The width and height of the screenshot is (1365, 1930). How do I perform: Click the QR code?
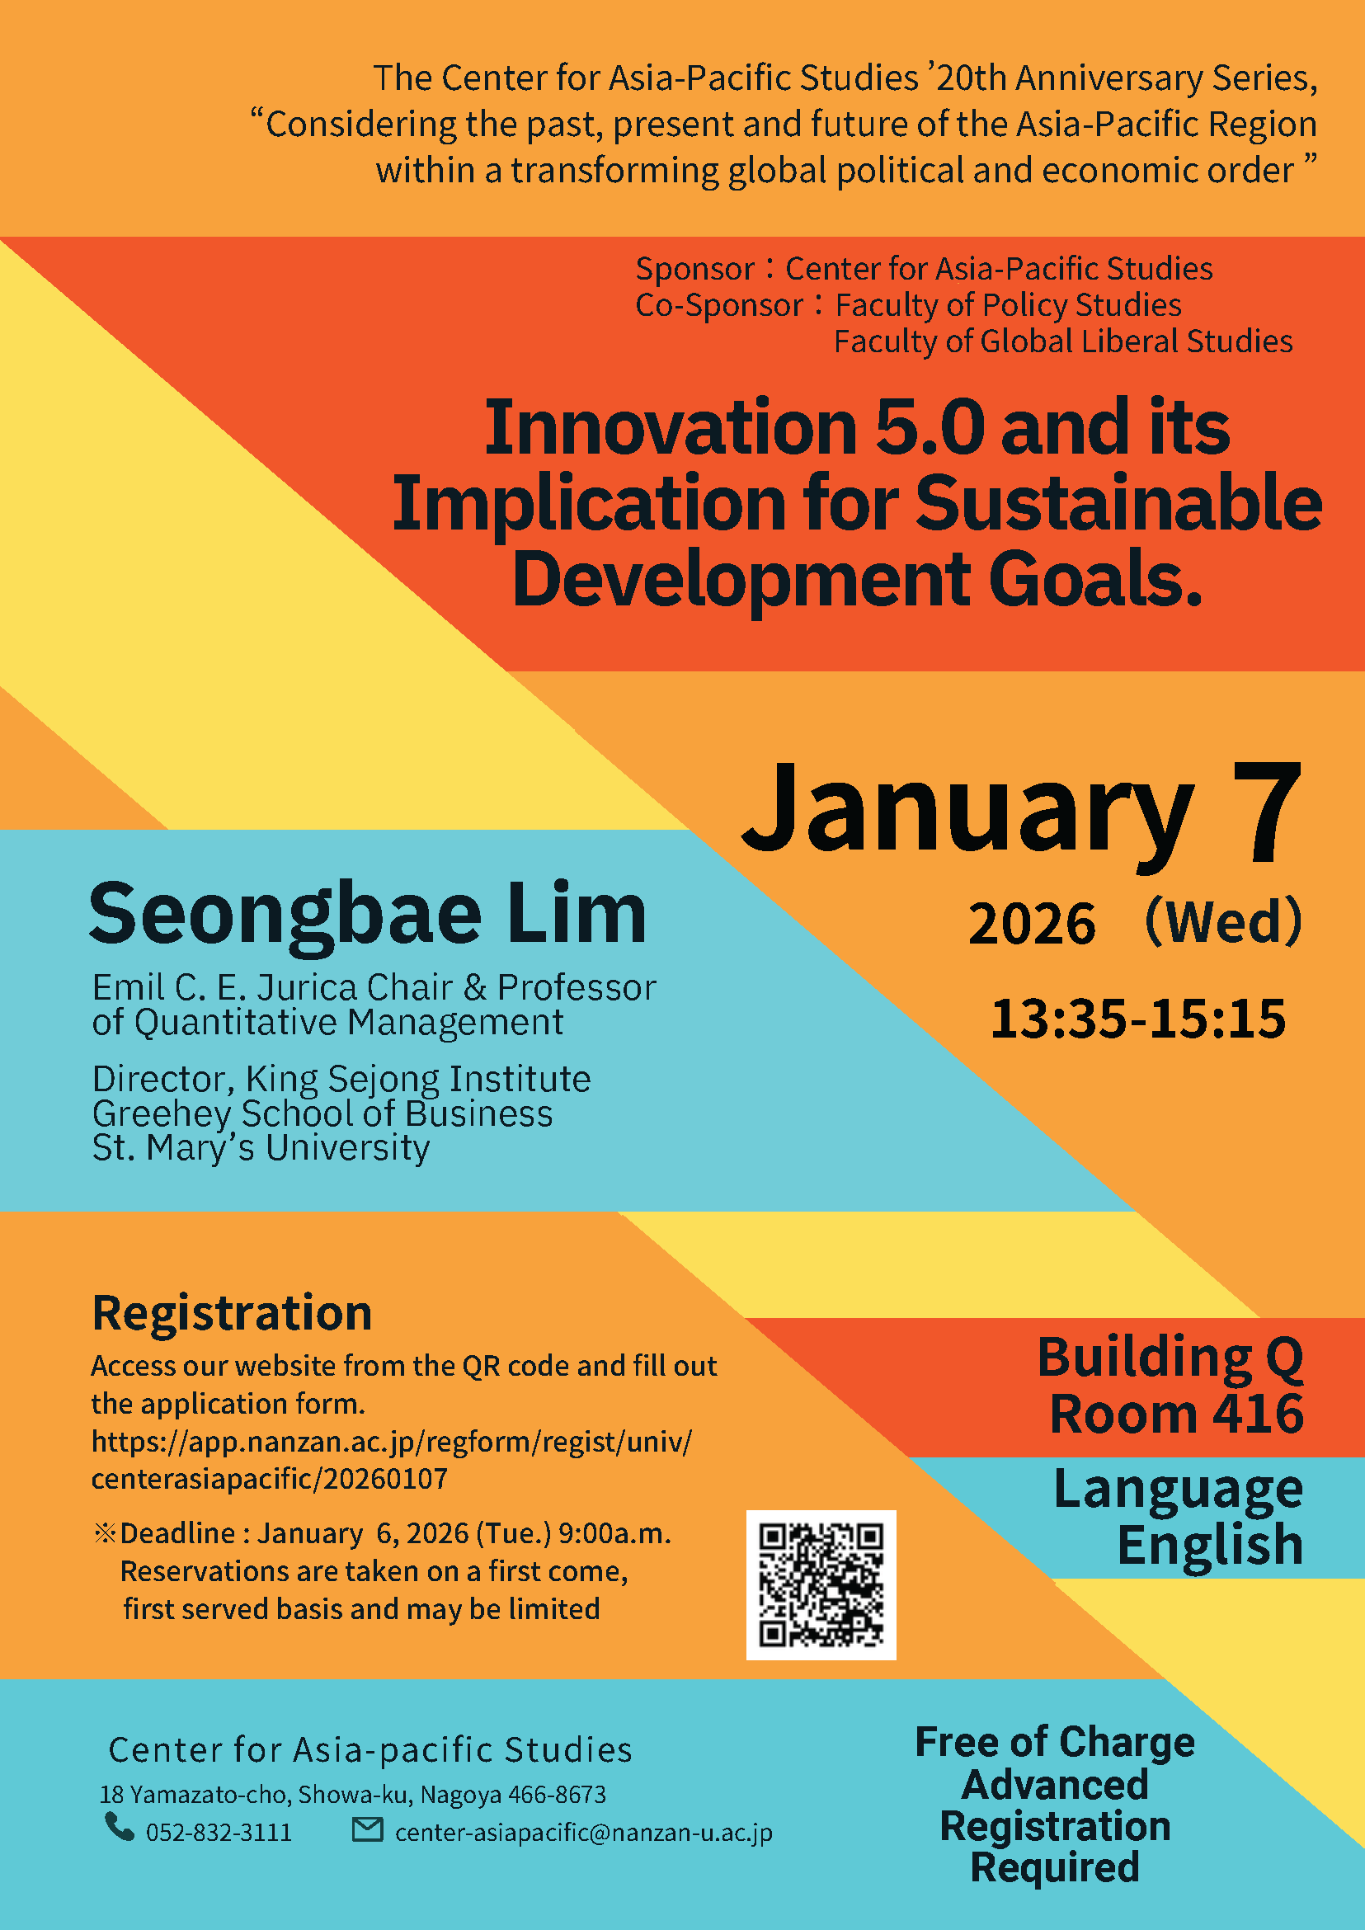pos(821,1584)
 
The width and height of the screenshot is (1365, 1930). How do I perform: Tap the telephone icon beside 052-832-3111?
pos(120,1827)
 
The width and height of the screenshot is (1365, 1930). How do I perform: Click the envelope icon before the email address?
pos(367,1829)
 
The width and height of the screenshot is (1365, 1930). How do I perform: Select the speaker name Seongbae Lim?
pos(367,914)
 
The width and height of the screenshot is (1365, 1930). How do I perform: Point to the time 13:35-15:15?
pos(1138,1019)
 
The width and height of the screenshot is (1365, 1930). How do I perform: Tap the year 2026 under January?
pos(1032,924)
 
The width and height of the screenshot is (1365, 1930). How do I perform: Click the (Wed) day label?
pos(1223,921)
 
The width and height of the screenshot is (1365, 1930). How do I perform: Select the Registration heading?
pos(232,1314)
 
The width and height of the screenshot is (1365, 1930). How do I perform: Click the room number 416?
pos(1258,1414)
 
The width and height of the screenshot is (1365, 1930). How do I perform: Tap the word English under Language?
pos(1210,1545)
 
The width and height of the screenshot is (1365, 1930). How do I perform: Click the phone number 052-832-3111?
pos(219,1833)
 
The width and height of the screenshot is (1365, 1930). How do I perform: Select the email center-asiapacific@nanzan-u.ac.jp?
pos(583,1833)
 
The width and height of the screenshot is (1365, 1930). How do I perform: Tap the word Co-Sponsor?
pos(718,305)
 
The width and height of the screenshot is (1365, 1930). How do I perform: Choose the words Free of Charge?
pos(1055,1742)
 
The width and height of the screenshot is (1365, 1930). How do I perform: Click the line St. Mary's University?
pos(261,1148)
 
